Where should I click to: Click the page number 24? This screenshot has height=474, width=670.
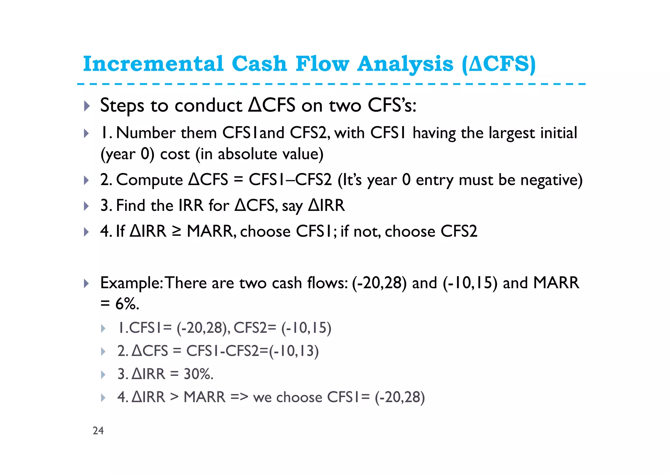click(98, 430)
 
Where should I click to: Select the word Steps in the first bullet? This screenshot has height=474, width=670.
click(122, 106)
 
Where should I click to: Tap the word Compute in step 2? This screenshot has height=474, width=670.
click(150, 180)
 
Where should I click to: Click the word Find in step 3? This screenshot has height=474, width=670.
click(131, 206)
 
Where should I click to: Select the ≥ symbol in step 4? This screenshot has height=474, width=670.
click(177, 231)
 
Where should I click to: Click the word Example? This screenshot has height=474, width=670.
click(131, 283)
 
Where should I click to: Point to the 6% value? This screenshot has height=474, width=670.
click(127, 304)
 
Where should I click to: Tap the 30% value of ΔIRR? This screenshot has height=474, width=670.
click(198, 374)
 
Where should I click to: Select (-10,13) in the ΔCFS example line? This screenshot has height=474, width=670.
click(293, 351)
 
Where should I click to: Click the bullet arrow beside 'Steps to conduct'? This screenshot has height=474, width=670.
click(86, 106)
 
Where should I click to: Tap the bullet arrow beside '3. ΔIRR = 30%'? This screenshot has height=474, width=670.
click(103, 374)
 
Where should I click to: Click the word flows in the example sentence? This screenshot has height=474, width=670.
click(327, 283)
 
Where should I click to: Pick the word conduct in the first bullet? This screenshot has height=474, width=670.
click(208, 106)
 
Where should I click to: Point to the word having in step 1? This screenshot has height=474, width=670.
click(434, 133)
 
